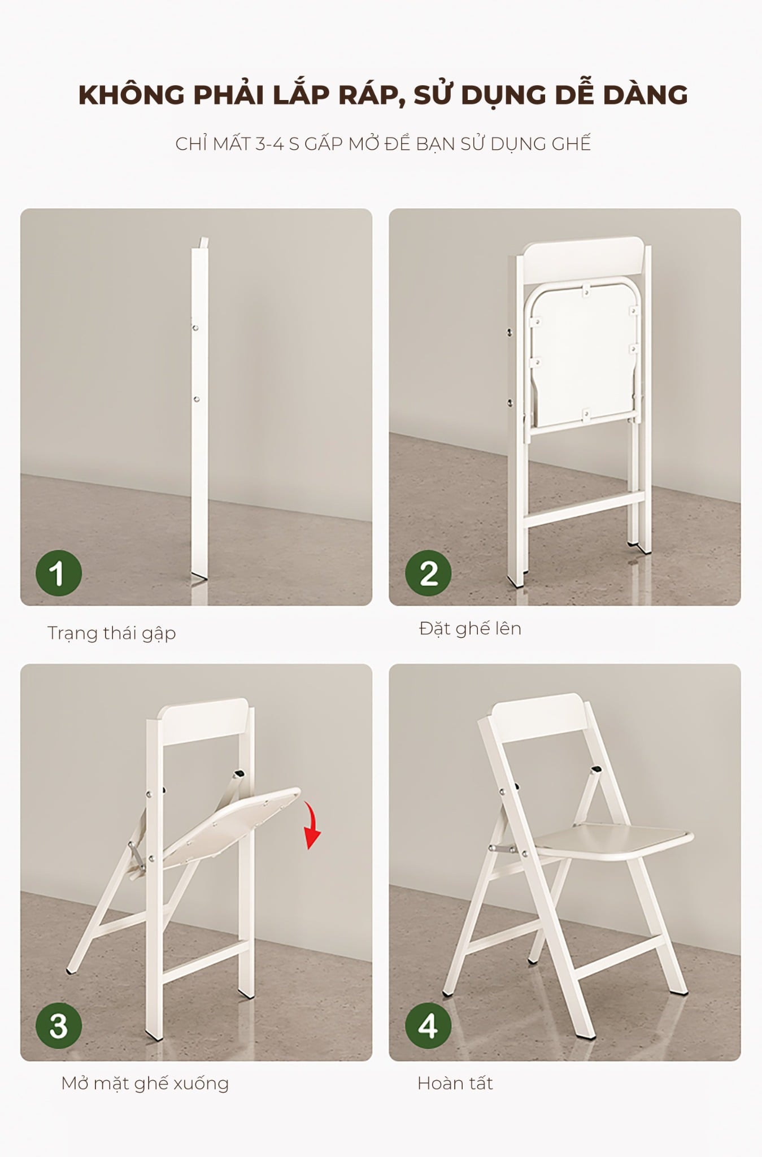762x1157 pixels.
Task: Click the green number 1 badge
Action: coord(59,573)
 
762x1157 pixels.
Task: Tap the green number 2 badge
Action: coord(428,573)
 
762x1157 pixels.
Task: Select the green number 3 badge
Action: coord(59,1025)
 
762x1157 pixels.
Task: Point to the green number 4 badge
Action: coord(428,1025)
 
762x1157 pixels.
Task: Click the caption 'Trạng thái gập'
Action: coord(112,633)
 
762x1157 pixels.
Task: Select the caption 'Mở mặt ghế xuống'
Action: coord(145,1082)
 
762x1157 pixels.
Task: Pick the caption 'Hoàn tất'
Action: coord(455,1082)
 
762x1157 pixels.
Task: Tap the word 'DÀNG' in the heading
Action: coord(645,94)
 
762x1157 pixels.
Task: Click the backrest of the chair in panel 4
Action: coord(538,721)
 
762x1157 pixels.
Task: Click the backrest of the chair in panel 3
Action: coord(203,721)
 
